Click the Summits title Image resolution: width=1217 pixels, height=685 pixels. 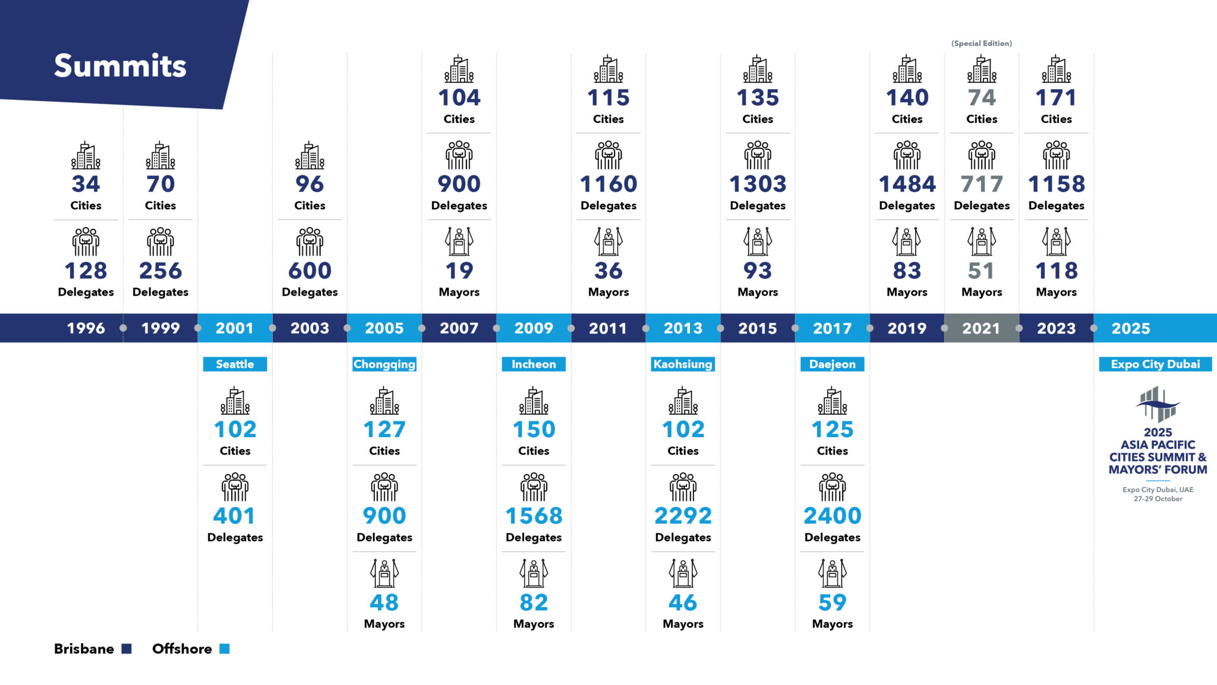click(120, 65)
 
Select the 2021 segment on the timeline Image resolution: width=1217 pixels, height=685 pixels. click(981, 328)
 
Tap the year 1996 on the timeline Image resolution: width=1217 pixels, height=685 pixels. click(86, 328)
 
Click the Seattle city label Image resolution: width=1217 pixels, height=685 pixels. click(235, 364)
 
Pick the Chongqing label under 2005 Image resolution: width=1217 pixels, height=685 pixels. click(384, 364)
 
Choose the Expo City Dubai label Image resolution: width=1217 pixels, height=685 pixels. click(1155, 364)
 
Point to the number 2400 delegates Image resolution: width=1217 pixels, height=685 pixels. click(832, 516)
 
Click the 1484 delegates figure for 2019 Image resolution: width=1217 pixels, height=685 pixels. click(907, 184)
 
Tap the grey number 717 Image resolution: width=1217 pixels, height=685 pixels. click(982, 184)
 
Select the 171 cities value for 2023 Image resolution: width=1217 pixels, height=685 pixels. click(1056, 98)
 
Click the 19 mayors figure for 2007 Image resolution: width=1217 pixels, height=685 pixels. click(459, 271)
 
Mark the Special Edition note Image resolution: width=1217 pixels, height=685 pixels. click(982, 43)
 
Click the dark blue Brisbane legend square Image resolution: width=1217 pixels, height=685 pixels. click(127, 649)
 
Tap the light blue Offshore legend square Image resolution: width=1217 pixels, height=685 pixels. click(225, 649)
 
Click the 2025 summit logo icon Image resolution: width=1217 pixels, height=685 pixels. click(1158, 404)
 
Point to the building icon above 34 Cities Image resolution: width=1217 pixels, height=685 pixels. click(86, 156)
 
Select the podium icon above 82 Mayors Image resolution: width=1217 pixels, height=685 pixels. click(534, 573)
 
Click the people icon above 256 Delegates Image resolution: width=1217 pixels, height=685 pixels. click(160, 241)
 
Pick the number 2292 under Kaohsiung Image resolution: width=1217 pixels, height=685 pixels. click(683, 516)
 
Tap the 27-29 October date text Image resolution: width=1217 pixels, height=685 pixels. click(1158, 499)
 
